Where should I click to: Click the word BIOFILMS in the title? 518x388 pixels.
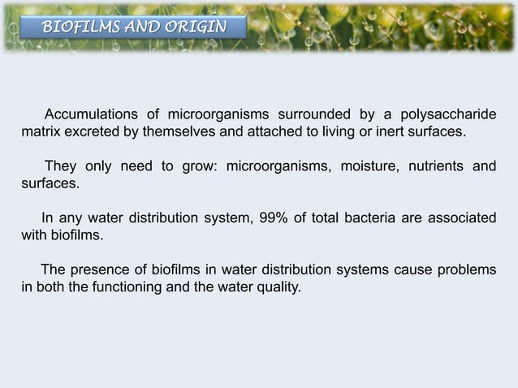pos(76,28)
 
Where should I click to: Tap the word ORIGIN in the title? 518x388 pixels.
pos(194,28)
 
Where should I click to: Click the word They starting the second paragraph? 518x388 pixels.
pos(60,167)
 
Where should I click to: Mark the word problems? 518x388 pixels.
pos(464,270)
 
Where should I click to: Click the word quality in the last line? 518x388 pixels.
pos(274,287)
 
